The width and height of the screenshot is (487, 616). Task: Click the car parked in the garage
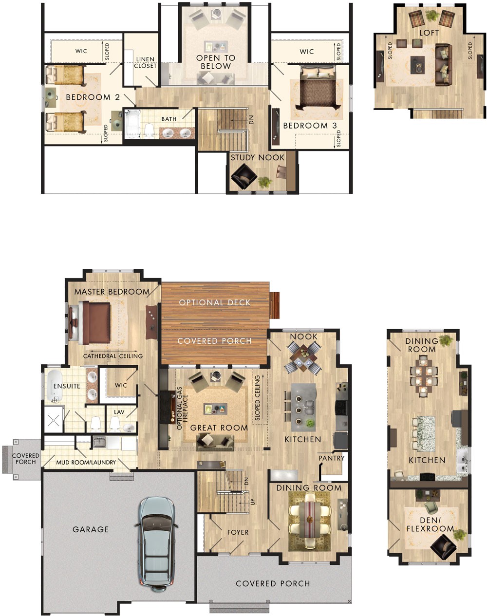point(157,540)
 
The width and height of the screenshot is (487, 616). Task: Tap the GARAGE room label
point(91,529)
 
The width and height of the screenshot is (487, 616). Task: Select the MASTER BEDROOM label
point(112,292)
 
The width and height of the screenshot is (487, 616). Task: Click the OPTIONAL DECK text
point(215,302)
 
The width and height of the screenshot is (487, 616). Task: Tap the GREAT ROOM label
point(219,428)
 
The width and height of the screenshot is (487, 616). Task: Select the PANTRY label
point(332,458)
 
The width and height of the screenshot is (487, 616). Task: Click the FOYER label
point(238,532)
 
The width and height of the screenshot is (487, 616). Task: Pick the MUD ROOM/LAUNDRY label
point(86,462)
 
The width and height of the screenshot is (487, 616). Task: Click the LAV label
point(119,412)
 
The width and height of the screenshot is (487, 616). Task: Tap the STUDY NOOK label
point(258,158)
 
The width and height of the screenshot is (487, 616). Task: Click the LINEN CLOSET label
point(145,62)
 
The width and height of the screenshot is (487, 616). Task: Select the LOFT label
point(429,33)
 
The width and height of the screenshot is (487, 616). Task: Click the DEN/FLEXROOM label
point(430,524)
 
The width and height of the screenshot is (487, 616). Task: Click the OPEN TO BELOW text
point(216,62)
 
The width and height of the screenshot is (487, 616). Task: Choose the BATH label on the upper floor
point(169,119)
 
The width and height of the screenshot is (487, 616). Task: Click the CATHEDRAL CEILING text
point(113,356)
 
